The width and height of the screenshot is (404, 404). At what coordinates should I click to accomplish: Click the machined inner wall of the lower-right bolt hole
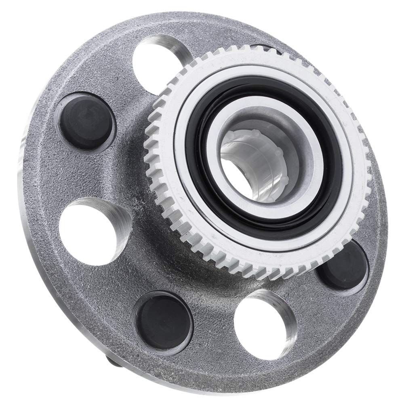coord(283,307)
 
